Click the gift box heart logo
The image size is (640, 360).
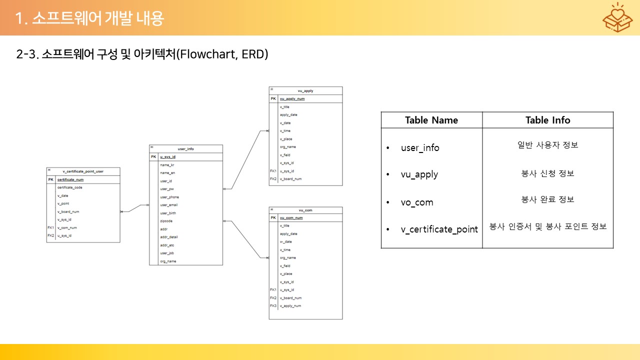point(618,17)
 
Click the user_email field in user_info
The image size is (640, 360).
point(169,205)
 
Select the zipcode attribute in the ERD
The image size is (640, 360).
point(166,221)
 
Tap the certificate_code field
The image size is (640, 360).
point(70,187)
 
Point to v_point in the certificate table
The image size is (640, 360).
point(63,203)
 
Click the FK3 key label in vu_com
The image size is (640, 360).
point(273,305)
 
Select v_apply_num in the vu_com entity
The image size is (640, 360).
point(290,305)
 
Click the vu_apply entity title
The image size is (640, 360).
point(305,90)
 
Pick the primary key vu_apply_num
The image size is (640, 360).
point(292,99)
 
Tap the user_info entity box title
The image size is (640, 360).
point(185,149)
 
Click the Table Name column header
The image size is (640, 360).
point(431,120)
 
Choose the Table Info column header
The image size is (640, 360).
point(547,120)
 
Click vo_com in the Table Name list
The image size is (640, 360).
point(417,202)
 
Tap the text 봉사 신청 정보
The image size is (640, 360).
point(547,173)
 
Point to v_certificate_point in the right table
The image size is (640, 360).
point(439,229)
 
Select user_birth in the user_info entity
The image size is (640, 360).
point(168,213)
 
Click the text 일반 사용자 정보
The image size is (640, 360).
point(547,145)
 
